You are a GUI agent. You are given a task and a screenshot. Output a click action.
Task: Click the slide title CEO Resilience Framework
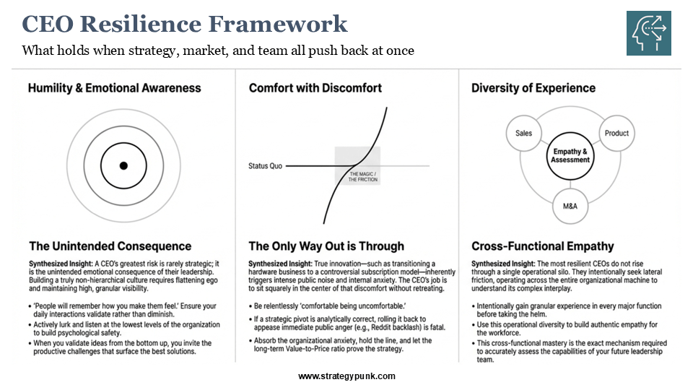point(185,25)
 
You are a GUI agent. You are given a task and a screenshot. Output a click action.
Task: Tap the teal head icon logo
point(648,34)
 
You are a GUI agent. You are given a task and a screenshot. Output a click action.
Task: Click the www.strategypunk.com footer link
point(346,376)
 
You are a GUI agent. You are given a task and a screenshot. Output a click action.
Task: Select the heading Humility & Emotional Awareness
point(114,88)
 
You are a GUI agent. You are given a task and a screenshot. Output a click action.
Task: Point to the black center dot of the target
point(123,166)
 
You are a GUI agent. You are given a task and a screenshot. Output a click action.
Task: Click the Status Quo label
point(265,166)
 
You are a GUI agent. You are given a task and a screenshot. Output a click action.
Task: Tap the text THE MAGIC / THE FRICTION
point(363,177)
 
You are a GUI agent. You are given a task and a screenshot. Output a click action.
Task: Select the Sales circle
point(523,133)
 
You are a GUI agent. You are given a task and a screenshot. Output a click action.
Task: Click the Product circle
point(616,133)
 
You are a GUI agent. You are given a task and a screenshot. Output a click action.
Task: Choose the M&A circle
point(570,206)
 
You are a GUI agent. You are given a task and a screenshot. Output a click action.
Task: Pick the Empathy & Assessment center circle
point(570,155)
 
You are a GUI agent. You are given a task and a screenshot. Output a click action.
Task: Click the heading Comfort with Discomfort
point(315,88)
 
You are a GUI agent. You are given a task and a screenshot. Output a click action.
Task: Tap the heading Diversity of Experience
point(533,88)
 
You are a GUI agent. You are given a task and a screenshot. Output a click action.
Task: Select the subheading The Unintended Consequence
point(110,246)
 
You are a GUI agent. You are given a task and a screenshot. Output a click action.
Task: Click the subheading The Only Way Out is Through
point(326,246)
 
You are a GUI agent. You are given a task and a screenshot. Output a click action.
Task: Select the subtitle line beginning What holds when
point(218,51)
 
